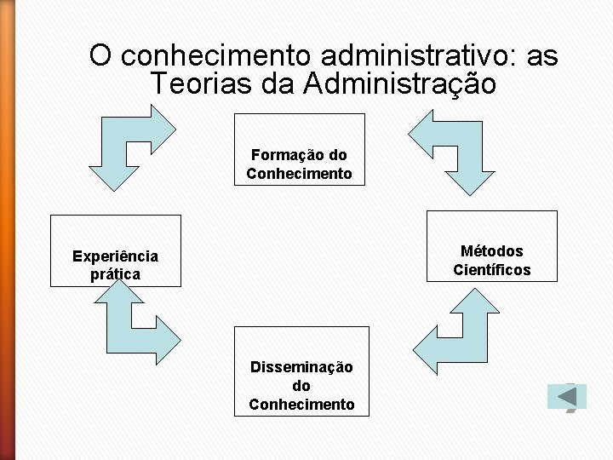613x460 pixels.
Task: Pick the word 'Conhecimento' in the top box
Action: click(299, 174)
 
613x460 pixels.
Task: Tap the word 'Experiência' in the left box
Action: click(115, 256)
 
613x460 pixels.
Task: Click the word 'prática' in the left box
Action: click(115, 274)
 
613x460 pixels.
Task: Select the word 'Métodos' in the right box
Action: click(491, 251)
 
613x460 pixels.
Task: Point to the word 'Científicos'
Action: click(491, 270)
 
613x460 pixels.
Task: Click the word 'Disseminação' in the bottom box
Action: click(301, 367)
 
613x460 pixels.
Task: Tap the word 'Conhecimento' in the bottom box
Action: click(301, 405)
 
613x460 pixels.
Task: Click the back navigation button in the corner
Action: click(566, 397)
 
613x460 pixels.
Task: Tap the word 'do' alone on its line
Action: click(301, 386)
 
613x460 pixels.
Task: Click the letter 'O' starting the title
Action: click(100, 56)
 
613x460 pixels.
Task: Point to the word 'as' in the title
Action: click(541, 56)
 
